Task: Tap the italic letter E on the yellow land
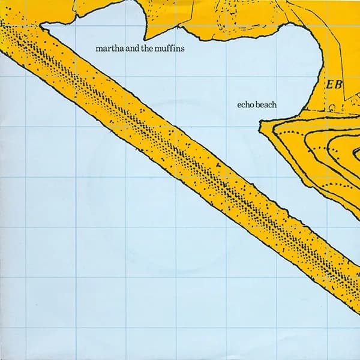tap(328, 83)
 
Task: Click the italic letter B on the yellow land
tap(337, 83)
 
